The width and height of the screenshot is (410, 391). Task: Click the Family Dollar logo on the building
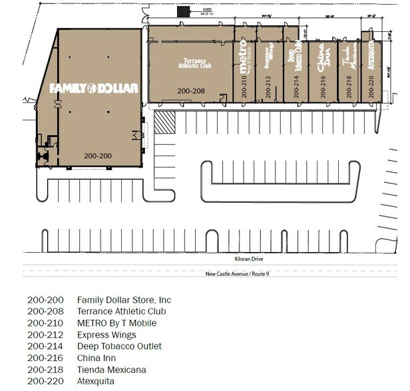(x=94, y=88)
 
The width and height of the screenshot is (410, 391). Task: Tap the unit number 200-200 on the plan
(x=98, y=156)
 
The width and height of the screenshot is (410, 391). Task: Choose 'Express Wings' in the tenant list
(x=106, y=335)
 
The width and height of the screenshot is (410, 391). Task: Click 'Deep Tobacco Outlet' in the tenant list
(x=119, y=346)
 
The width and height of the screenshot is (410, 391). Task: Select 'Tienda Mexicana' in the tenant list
(x=111, y=370)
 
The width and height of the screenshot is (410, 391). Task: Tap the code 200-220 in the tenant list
(x=45, y=381)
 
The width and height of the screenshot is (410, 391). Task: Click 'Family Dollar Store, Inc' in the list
(x=124, y=300)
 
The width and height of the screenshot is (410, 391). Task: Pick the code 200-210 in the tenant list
(x=45, y=323)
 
